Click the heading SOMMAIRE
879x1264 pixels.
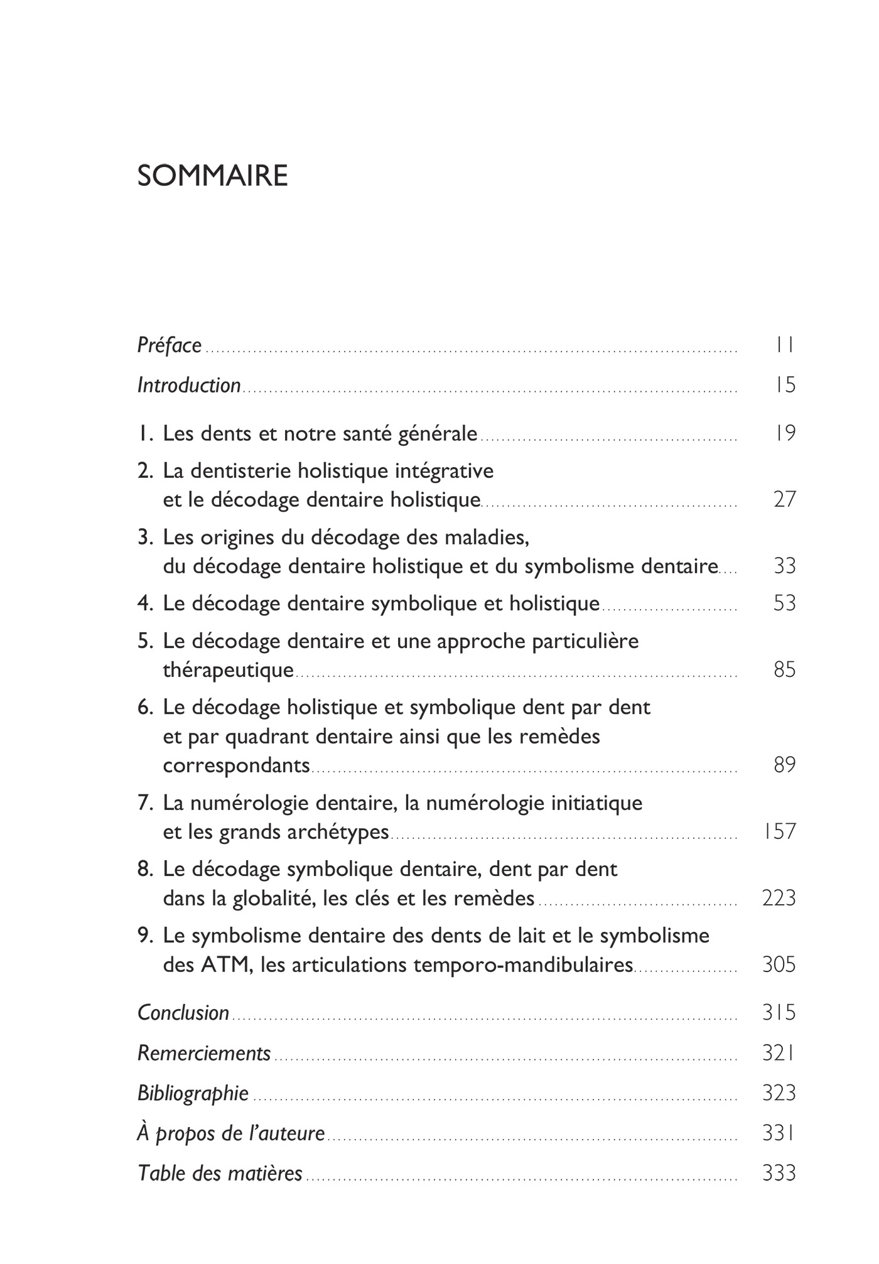pyautogui.click(x=212, y=176)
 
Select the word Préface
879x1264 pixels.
pyautogui.click(x=170, y=345)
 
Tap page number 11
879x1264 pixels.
pyautogui.click(x=785, y=345)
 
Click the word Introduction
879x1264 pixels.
pyautogui.click(x=189, y=385)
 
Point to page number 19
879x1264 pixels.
pyautogui.click(x=785, y=433)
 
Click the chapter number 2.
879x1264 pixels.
pyautogui.click(x=144, y=470)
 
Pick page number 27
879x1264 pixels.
pyautogui.click(x=785, y=500)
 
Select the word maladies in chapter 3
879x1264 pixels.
pyautogui.click(x=486, y=537)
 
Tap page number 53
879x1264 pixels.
pyautogui.click(x=785, y=603)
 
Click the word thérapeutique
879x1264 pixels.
pyautogui.click(x=228, y=670)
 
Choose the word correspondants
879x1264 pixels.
pyautogui.click(x=236, y=765)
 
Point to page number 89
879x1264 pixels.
pyautogui.click(x=785, y=765)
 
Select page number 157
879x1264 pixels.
pyautogui.click(x=779, y=832)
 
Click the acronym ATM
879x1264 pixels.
pyautogui.click(x=224, y=964)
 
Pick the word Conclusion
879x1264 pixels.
pyautogui.click(x=183, y=1013)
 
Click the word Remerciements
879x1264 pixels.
pyautogui.click(x=204, y=1053)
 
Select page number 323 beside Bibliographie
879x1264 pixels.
pyautogui.click(x=779, y=1093)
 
